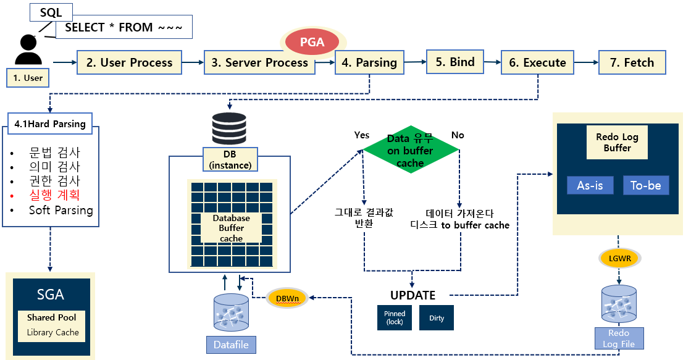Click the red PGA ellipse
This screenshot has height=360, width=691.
click(x=312, y=42)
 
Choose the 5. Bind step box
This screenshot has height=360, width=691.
click(x=454, y=62)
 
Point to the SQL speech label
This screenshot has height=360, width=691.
click(x=51, y=12)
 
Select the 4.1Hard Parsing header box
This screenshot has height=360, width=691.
click(x=50, y=123)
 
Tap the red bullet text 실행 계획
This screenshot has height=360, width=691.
click(x=54, y=195)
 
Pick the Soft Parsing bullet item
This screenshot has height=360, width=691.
click(x=61, y=210)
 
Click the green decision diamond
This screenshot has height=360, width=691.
click(x=410, y=150)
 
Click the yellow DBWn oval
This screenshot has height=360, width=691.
click(x=288, y=299)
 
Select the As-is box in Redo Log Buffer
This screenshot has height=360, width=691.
click(x=590, y=185)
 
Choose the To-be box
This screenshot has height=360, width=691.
click(x=645, y=185)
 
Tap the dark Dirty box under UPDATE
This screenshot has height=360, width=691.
click(x=437, y=318)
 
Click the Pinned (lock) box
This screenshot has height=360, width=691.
click(x=394, y=318)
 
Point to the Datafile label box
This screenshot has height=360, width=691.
click(x=231, y=345)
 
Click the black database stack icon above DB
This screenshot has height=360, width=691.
click(x=228, y=129)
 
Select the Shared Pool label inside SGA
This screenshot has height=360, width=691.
click(x=51, y=317)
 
